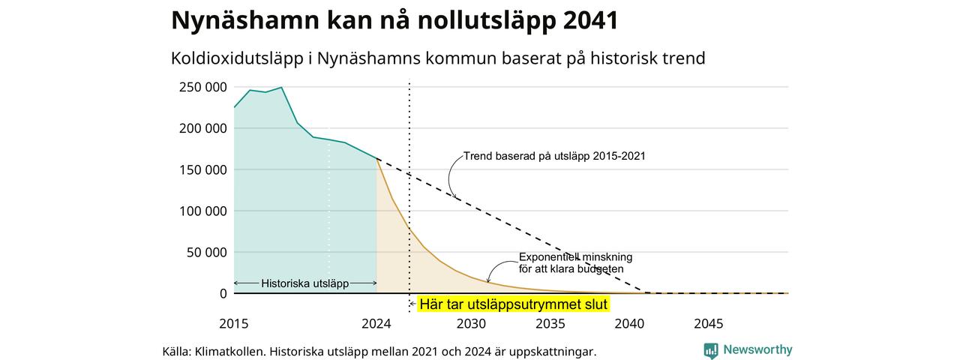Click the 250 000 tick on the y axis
(x=202, y=87)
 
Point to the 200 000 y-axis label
(x=202, y=128)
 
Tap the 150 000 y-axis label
(x=202, y=169)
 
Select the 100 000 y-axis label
(x=202, y=211)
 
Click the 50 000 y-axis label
(x=206, y=253)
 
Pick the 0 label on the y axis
(x=223, y=293)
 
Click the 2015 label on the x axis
(x=233, y=323)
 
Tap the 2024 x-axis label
(x=376, y=323)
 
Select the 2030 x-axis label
(x=471, y=323)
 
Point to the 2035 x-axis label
(x=550, y=323)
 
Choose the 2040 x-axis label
(x=629, y=323)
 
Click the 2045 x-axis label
(x=709, y=323)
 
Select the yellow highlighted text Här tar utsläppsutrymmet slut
(x=514, y=304)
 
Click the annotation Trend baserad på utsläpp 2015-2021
(x=554, y=156)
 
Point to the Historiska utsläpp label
(x=304, y=283)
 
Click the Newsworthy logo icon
(x=710, y=350)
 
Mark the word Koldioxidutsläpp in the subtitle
(x=237, y=58)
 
